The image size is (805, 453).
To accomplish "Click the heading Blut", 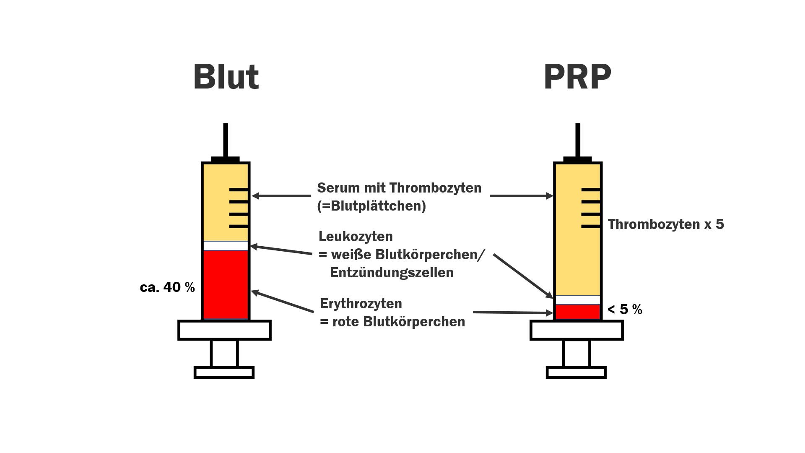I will pos(226,77).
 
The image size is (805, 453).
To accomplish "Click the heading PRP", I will pos(577,77).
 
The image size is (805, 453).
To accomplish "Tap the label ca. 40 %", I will pos(167,287).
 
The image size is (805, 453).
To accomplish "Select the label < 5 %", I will pos(625,310).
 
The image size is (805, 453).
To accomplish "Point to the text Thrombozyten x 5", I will pos(666,224).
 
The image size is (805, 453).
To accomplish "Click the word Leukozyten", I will pos(356,237).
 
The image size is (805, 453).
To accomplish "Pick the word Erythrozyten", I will pos(361,304).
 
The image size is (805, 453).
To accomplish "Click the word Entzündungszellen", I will pos(392,273).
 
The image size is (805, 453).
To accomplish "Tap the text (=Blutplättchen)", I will pos(371,206).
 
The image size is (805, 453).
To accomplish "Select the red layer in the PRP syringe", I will pos(578,312).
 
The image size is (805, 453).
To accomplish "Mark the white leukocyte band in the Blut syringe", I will pos(226,246).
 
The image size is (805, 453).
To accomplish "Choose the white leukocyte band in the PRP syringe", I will pos(578,300).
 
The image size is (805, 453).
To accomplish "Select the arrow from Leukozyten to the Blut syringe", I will pos(281,250).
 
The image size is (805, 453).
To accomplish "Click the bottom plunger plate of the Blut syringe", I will pos(224,372).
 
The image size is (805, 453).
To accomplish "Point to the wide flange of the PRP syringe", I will pos(576,330).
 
